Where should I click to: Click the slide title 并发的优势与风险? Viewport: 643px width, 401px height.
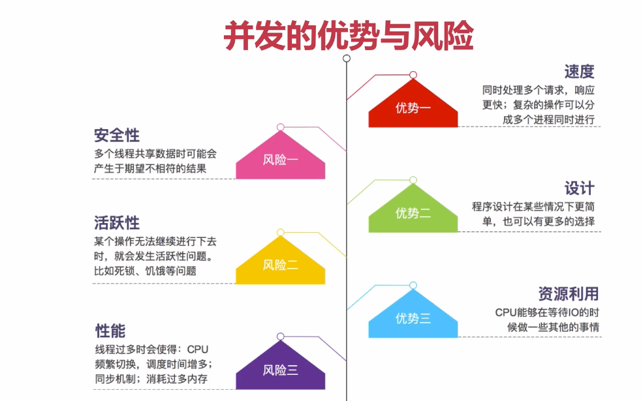348,36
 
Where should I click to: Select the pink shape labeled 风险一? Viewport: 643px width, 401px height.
281,158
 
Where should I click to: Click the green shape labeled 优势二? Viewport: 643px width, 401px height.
413,212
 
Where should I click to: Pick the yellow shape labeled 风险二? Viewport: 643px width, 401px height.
281,264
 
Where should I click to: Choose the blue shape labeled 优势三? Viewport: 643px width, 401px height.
413,318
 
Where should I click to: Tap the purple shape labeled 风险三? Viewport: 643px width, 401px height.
281,369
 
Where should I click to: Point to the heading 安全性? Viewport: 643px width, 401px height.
117,136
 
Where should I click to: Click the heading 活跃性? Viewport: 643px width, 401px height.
117,223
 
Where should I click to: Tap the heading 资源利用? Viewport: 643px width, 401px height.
568,293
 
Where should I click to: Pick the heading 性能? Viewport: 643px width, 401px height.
110,330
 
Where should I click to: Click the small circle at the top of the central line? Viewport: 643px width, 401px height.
347,58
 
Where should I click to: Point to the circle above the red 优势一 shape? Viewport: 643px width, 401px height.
413,75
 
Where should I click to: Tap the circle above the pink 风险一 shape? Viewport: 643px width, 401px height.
281,127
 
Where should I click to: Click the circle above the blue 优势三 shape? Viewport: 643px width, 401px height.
413,285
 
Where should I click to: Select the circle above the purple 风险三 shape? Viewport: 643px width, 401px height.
281,336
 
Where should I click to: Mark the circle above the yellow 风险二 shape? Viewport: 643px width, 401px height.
281,232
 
